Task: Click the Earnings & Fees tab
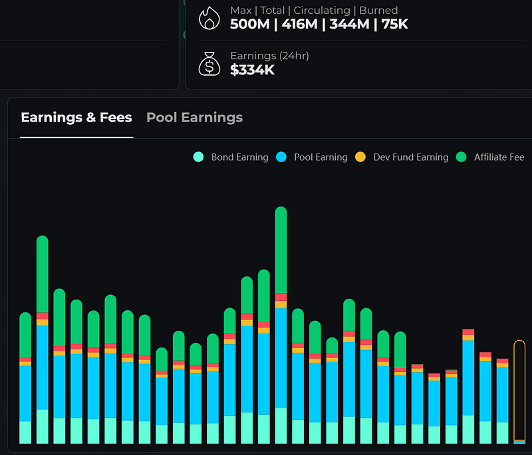pos(76,117)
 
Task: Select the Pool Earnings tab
pos(194,117)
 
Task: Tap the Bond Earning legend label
pos(239,157)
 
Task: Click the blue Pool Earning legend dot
pos(281,157)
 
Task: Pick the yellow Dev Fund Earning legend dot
pos(360,157)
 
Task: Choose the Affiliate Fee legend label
pos(499,157)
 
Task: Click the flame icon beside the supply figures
pos(209,19)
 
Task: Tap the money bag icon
pos(209,64)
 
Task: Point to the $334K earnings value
pos(252,70)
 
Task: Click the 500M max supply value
pos(250,25)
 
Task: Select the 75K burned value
pos(394,25)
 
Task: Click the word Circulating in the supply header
pos(322,11)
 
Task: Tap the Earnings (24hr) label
pos(269,56)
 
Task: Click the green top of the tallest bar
pos(281,250)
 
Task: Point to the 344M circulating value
pos(350,25)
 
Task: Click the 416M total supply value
pos(300,25)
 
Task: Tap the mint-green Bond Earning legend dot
pos(198,157)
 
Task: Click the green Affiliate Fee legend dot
pos(461,157)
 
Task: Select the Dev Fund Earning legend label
pos(410,157)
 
